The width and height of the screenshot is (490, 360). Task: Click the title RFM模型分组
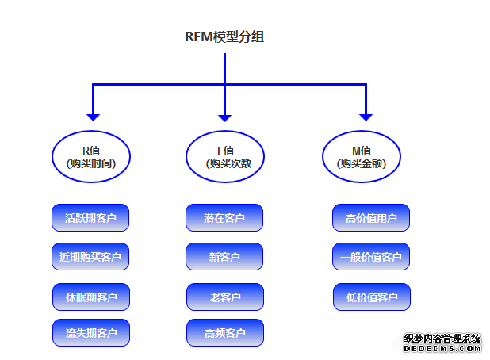coord(224,36)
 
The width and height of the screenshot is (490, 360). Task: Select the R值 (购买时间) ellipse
coord(91,156)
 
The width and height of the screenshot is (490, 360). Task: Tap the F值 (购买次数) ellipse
coord(225,156)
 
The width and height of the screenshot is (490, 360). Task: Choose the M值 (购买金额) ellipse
coord(361,156)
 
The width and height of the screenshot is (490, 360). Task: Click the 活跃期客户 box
coord(90,218)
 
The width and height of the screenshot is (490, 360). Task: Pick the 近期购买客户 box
coord(90,257)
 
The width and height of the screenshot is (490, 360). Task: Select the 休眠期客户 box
coord(91,297)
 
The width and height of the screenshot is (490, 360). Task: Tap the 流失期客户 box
coord(91,333)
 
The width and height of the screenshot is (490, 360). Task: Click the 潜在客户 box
coord(224,218)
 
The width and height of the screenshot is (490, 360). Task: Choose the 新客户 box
coord(224,257)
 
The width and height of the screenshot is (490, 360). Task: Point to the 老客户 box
coord(225,297)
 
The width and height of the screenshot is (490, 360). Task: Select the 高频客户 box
coord(225,333)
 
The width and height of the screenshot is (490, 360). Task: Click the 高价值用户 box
coord(370,218)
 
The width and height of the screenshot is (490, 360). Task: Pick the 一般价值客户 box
coord(370,257)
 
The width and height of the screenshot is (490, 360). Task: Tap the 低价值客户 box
coord(372,297)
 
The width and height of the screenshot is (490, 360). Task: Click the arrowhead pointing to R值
coord(94,114)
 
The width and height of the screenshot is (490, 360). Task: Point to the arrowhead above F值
coord(225,114)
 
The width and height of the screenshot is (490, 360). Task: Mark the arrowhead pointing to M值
coord(366,114)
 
